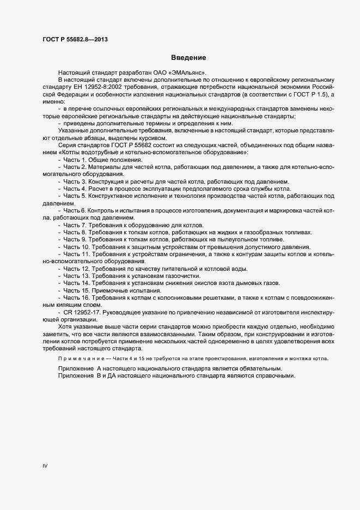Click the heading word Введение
click(188, 57)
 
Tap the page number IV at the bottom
click(45, 466)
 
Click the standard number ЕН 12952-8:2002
click(95, 87)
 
